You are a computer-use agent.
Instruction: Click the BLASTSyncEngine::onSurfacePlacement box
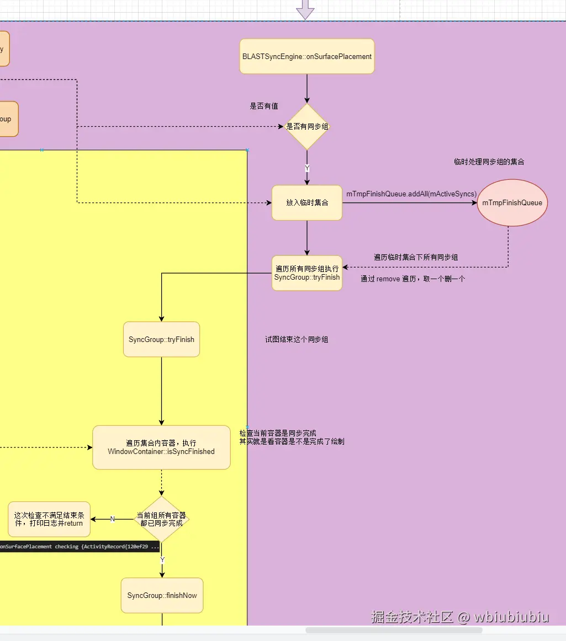tap(307, 56)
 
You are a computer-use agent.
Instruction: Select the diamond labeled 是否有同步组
tap(307, 126)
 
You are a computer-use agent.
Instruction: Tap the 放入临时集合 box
tap(307, 202)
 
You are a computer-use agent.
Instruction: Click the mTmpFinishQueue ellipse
tap(512, 202)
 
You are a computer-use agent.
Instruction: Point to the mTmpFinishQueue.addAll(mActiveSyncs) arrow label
tap(411, 194)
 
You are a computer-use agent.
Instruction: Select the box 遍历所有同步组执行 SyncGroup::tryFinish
tap(307, 273)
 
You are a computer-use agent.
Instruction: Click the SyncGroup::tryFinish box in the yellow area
tap(161, 339)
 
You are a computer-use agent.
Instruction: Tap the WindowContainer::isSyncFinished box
tap(161, 447)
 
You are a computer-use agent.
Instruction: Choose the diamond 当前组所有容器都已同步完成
tap(161, 519)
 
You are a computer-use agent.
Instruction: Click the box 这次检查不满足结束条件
tap(49, 519)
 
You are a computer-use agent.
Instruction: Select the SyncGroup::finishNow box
tap(162, 595)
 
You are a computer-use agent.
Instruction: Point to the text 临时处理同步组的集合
tap(489, 162)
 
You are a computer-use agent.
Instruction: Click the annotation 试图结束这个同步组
tap(297, 339)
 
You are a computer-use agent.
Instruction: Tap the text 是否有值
tap(264, 106)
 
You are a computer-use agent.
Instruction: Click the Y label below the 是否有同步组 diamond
tap(307, 168)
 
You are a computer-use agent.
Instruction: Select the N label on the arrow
tap(112, 519)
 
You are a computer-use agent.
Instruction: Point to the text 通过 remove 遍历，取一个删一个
tap(412, 279)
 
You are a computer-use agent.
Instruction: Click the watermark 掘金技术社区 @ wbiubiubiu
tap(460, 617)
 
